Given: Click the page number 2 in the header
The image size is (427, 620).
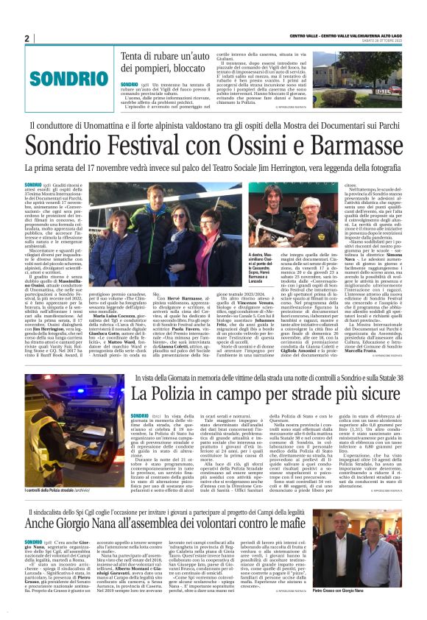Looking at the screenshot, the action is (27, 38).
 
